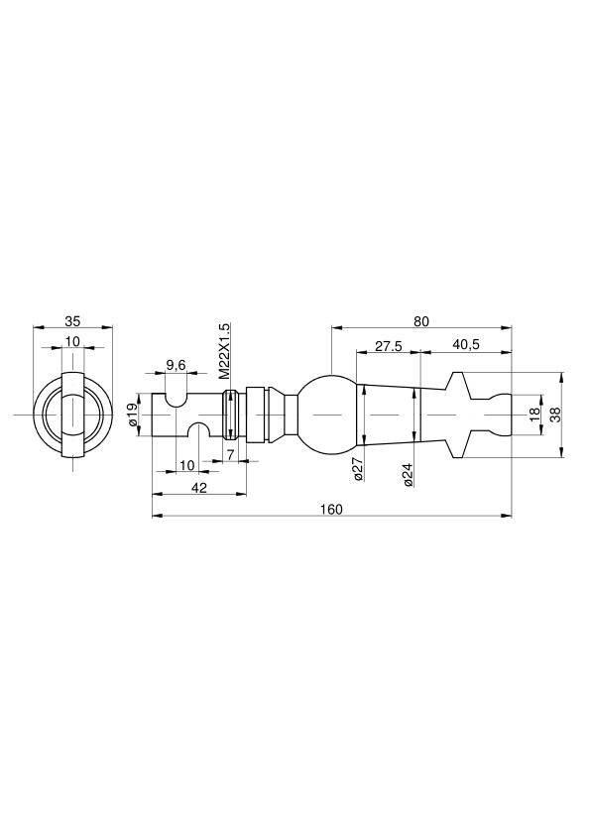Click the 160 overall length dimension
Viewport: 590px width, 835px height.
tap(332, 509)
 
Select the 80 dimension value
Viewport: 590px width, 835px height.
tap(420, 321)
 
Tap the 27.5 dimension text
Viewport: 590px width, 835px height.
tap(388, 346)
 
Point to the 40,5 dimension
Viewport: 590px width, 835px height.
tap(466, 344)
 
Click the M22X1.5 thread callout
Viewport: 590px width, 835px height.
tap(225, 350)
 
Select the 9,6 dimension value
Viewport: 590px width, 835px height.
tap(176, 365)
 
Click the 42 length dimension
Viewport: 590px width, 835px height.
tap(198, 487)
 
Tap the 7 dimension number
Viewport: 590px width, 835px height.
tap(231, 455)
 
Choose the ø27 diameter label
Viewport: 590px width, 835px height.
tap(358, 469)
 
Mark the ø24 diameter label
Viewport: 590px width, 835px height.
tap(408, 474)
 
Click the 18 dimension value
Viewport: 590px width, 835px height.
tap(534, 414)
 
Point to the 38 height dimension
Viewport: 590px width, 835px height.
tap(555, 415)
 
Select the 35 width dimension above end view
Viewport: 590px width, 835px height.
tap(72, 321)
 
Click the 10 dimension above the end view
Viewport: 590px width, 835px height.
tap(72, 341)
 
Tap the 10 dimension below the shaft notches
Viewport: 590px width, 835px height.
tap(186, 465)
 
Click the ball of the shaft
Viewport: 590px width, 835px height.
tap(326, 415)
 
